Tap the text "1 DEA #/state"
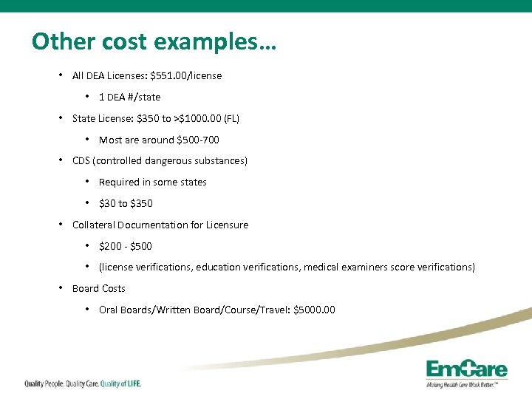click(129, 97)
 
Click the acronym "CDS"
click(81, 160)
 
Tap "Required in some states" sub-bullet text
click(152, 182)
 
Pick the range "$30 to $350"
click(126, 203)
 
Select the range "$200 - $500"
click(125, 246)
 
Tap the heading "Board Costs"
click(98, 288)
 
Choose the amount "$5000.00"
click(314, 310)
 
